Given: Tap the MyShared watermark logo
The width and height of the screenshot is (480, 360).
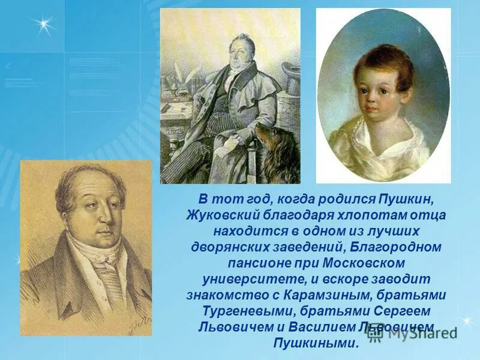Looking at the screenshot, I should [x=414, y=334].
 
